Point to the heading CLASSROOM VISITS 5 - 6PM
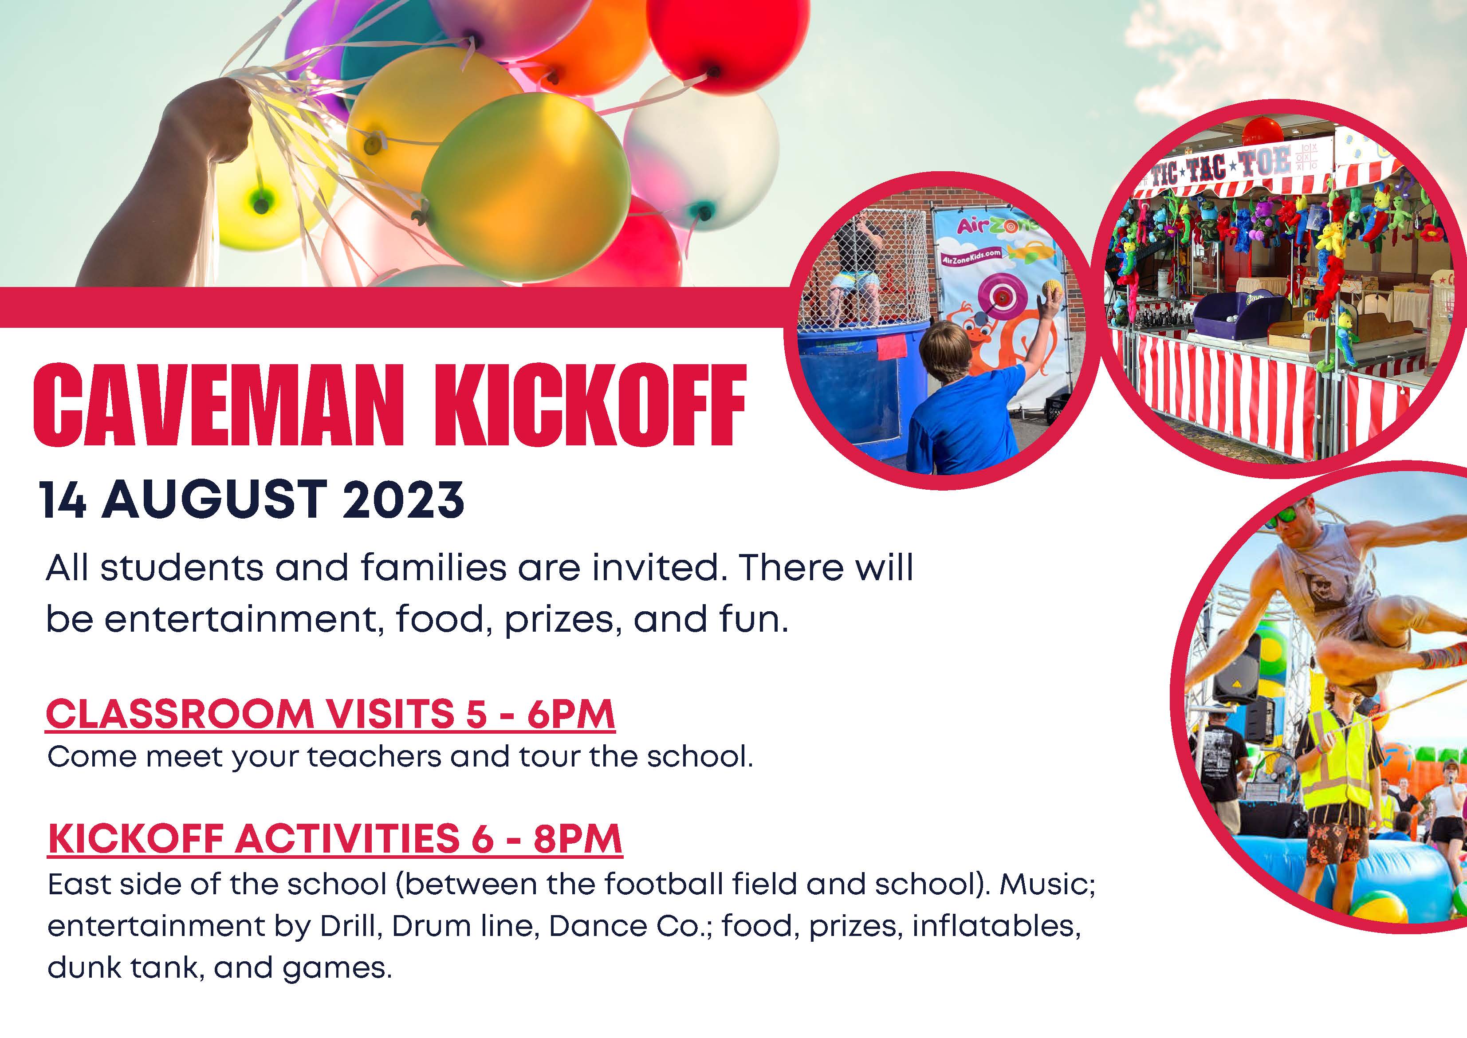pos(330,713)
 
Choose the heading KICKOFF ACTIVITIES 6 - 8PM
pos(335,838)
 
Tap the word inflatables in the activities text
pos(996,926)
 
